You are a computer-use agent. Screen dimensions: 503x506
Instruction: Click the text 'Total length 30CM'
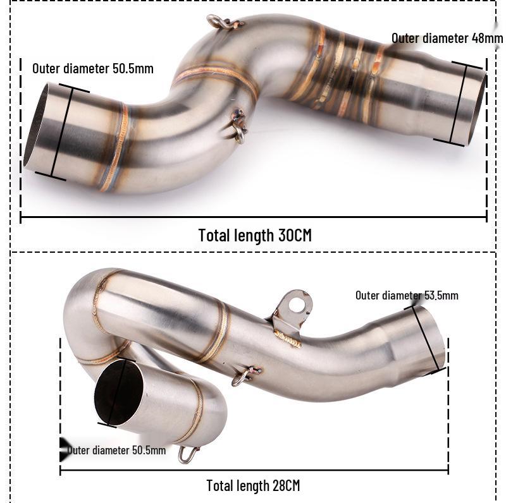point(255,235)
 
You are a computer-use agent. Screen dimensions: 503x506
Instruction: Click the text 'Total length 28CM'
point(253,485)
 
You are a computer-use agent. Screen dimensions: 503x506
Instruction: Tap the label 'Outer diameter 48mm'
point(447,38)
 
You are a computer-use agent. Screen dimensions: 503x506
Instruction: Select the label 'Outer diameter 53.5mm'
point(407,295)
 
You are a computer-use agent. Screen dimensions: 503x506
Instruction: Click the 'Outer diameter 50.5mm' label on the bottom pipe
point(117,450)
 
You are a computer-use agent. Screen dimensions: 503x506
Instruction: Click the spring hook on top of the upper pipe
point(225,23)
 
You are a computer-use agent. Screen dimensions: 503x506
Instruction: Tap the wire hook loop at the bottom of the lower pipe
point(188,454)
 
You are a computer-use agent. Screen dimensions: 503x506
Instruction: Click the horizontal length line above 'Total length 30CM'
point(253,218)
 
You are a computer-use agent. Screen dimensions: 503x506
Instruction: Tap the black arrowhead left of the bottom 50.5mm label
point(64,449)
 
